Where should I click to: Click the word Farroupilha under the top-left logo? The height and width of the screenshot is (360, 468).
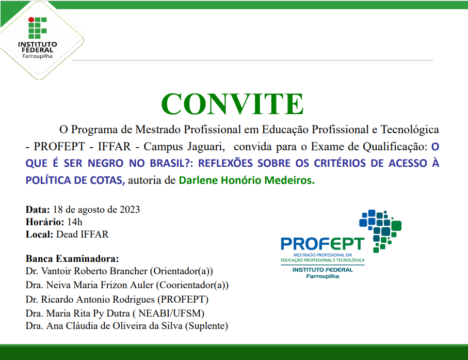37,56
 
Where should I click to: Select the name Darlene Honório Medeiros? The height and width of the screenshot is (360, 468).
246,180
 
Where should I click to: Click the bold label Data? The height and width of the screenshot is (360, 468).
38,210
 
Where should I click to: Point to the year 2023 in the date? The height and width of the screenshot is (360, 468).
130,210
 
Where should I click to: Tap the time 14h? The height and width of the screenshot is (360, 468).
74,222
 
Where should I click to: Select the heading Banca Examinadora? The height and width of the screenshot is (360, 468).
72,258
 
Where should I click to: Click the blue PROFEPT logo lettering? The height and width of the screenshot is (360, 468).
322,244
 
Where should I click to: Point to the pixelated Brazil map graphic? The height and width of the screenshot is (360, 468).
380,227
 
